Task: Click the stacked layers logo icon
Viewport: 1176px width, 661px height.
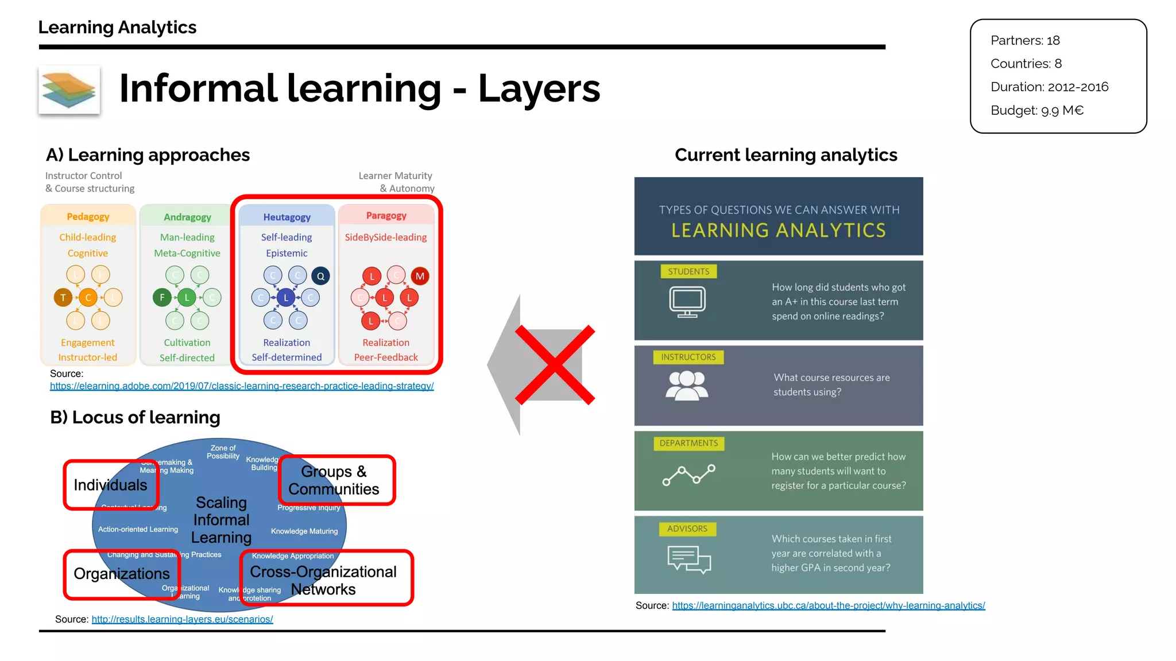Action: pyautogui.click(x=69, y=90)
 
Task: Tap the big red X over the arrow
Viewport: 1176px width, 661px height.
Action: pyautogui.click(x=555, y=365)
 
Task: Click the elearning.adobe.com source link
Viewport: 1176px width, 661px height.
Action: pyautogui.click(x=242, y=386)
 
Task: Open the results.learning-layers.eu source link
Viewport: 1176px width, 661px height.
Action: pyautogui.click(x=182, y=620)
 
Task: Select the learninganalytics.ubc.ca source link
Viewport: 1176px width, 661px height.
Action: pyautogui.click(x=829, y=606)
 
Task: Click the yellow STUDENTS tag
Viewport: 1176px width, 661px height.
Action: pyautogui.click(x=688, y=272)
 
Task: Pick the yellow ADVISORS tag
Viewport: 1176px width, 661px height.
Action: pyautogui.click(x=687, y=529)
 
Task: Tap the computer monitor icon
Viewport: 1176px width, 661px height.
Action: pyautogui.click(x=687, y=301)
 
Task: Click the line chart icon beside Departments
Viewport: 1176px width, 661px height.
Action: pyautogui.click(x=688, y=475)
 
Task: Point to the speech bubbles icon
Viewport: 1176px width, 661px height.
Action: pyautogui.click(x=689, y=559)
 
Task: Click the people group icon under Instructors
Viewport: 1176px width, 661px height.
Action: pyautogui.click(x=687, y=385)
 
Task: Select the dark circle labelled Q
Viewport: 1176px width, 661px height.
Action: pyautogui.click(x=321, y=276)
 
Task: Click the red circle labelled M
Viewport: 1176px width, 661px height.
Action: pyautogui.click(x=420, y=276)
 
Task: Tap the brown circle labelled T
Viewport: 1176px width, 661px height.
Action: pyautogui.click(x=63, y=297)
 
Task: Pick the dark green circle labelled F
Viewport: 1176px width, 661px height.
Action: pyautogui.click(x=162, y=297)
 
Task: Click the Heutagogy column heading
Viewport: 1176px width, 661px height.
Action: pyautogui.click(x=287, y=217)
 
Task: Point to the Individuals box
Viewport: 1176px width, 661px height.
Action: pyautogui.click(x=111, y=485)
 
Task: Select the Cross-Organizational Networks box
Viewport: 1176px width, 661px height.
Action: pyautogui.click(x=326, y=579)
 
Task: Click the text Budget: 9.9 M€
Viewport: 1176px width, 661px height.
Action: pyautogui.click(x=1037, y=111)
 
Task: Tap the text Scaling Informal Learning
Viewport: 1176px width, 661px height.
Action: pyautogui.click(x=221, y=520)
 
